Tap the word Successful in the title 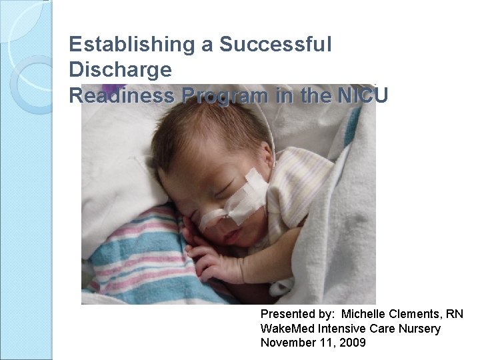click(x=275, y=45)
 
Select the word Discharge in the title click(x=120, y=69)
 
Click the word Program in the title click(x=223, y=95)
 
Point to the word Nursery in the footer click(x=418, y=329)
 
